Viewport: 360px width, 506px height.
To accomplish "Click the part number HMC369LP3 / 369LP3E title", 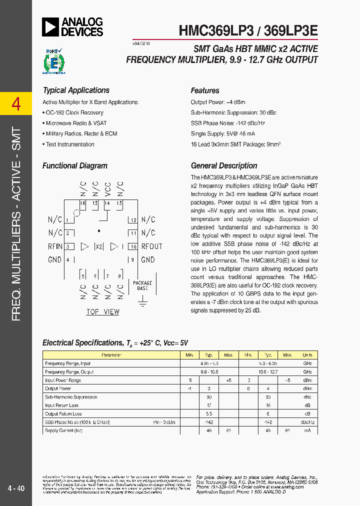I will click(x=248, y=29).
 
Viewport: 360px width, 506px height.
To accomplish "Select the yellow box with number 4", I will click(x=16, y=104).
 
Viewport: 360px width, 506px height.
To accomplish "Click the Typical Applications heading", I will click(x=76, y=90).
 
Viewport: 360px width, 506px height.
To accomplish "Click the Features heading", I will click(x=205, y=90).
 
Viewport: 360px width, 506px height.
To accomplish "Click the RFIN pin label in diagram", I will click(x=55, y=246).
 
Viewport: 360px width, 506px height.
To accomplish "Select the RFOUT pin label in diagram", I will click(x=151, y=246).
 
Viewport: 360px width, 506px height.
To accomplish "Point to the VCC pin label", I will click(x=107, y=188).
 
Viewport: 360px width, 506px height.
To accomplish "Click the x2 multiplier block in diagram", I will click(x=99, y=246).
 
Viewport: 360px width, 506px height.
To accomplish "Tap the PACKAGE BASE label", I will click(x=142, y=286).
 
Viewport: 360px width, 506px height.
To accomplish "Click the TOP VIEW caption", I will click(x=103, y=312).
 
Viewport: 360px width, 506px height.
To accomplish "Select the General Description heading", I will click(x=224, y=166).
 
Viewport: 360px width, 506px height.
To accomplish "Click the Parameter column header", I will click(x=111, y=355).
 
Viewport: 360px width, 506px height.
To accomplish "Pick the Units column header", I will click(x=307, y=355).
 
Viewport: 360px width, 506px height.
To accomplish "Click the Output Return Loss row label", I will click(x=63, y=414).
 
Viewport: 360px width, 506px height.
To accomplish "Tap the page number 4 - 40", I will click(x=16, y=488).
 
